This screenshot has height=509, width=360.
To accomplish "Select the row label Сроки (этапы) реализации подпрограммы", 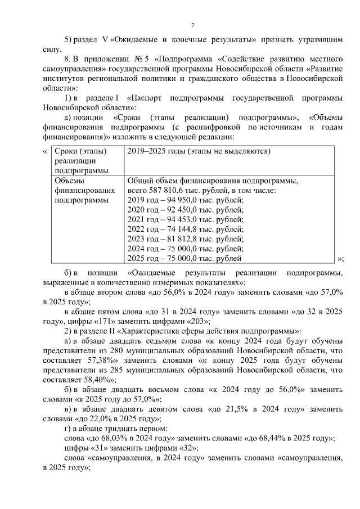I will coord(81,161).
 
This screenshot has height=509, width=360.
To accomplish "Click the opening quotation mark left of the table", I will coord(44,152).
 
